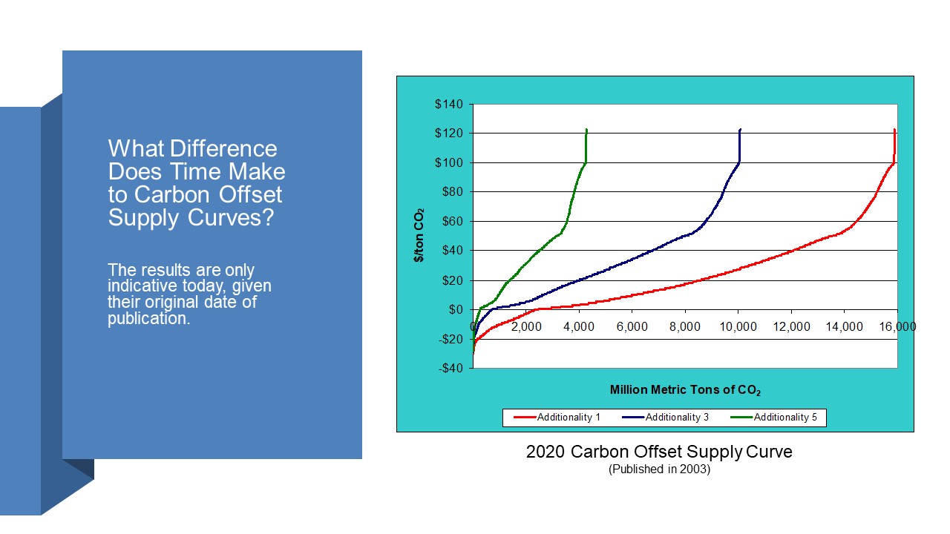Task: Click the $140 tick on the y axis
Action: click(x=449, y=105)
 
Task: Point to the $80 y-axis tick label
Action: click(x=452, y=192)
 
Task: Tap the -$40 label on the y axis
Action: click(x=451, y=369)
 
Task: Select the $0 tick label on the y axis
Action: click(x=456, y=310)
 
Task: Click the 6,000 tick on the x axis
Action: click(x=632, y=327)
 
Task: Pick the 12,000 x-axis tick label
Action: click(x=791, y=327)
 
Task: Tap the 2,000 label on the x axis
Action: click(x=526, y=327)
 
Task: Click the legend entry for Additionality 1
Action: click(x=557, y=418)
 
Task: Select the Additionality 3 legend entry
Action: click(x=665, y=418)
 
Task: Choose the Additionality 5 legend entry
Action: click(x=773, y=418)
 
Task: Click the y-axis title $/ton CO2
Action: click(x=419, y=235)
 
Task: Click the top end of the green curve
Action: click(x=586, y=129)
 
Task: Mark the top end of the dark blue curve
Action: click(x=741, y=129)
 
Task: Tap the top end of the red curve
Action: click(x=895, y=129)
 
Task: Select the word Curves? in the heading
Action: click(x=231, y=218)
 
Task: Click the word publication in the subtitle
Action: click(x=149, y=319)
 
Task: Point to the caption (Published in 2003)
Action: click(x=660, y=469)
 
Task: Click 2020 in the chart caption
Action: click(x=546, y=452)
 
